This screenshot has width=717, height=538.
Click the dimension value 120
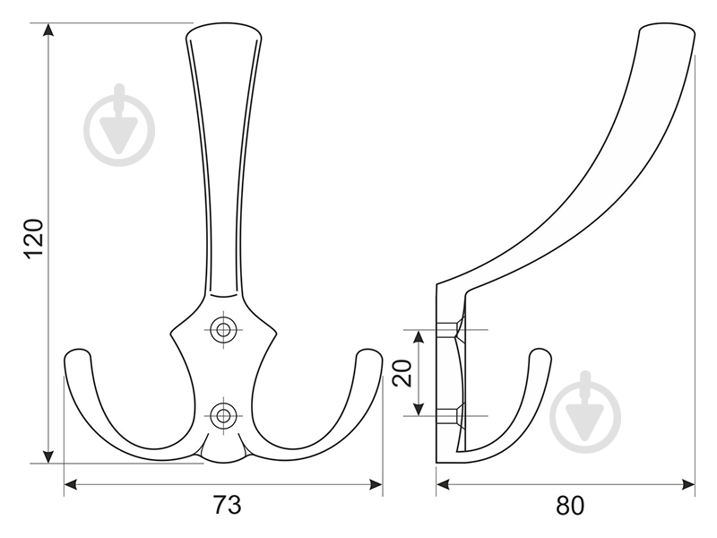pos(33,239)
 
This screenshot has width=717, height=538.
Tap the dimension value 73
pos(227,506)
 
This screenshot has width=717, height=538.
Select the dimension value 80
pos(569,506)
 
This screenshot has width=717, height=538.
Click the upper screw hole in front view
pos(221,329)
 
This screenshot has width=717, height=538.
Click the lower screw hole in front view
pos(221,414)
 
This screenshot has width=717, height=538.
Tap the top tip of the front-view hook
pos(224,31)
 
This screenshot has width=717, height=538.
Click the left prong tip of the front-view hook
pos(77,356)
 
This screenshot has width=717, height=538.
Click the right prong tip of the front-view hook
pos(368,356)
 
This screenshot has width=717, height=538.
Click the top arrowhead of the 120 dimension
pos(48,30)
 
